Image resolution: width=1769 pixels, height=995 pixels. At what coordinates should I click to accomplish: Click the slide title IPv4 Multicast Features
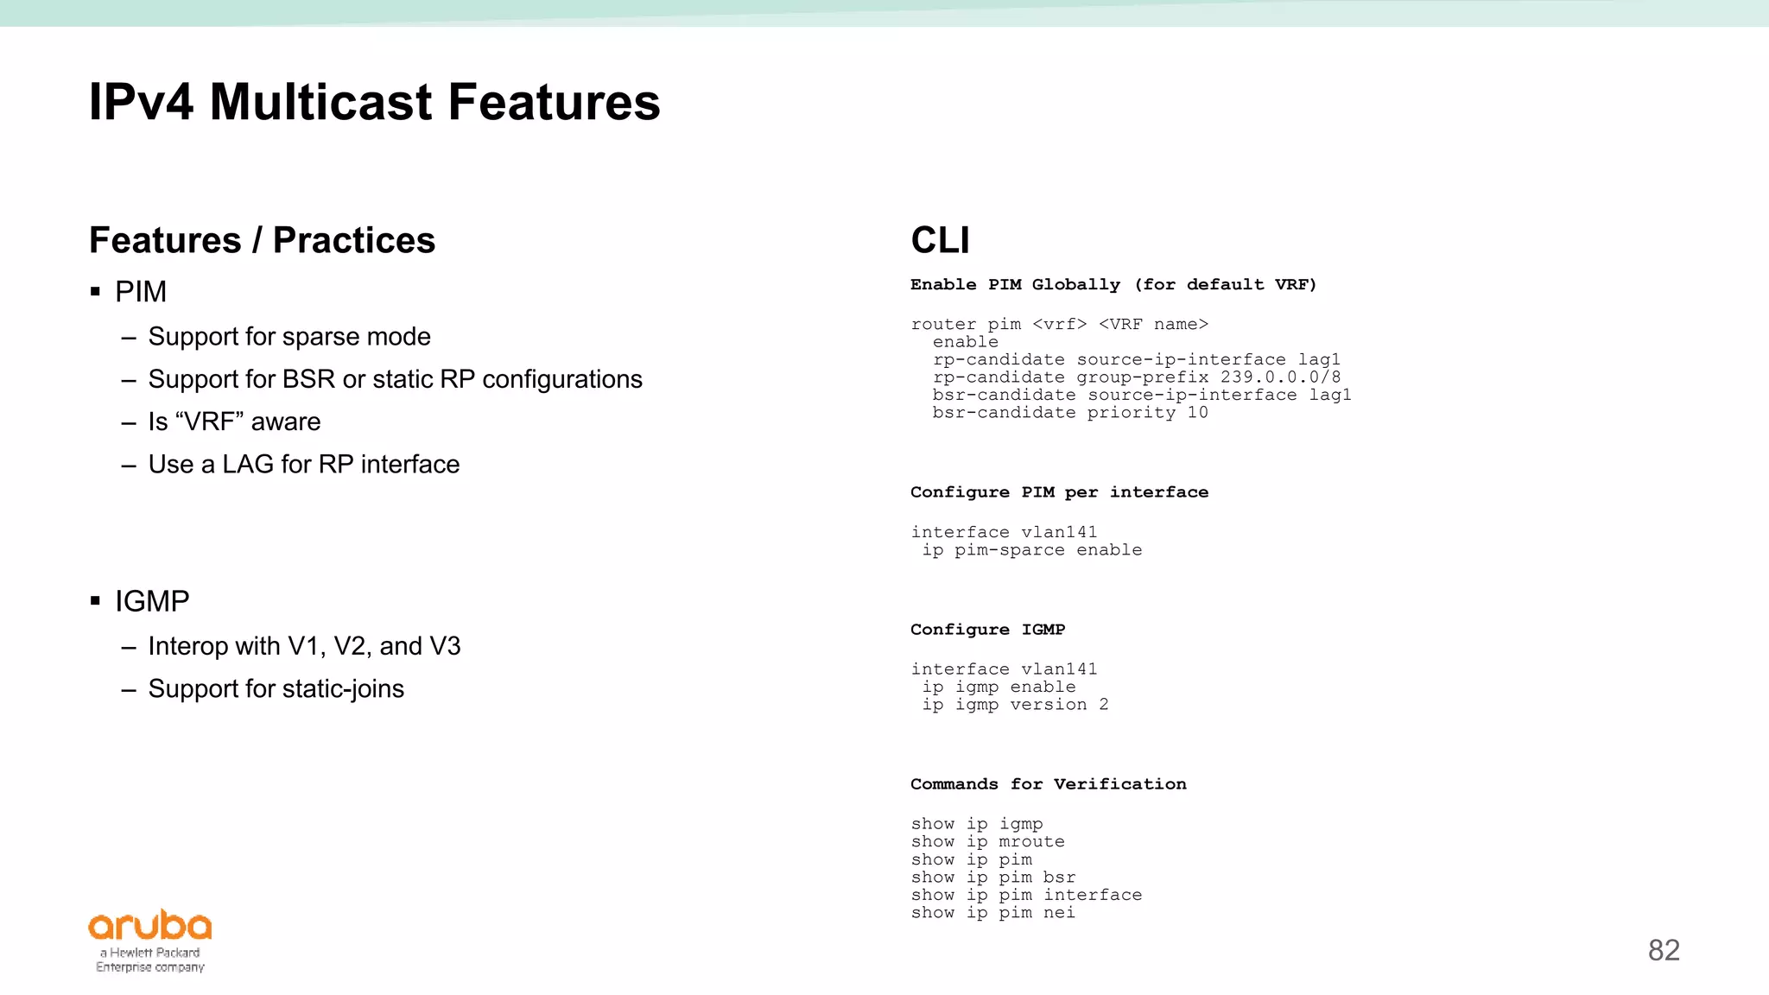pyautogui.click(x=374, y=102)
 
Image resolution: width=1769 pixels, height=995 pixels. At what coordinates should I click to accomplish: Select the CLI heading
pyautogui.click(x=940, y=240)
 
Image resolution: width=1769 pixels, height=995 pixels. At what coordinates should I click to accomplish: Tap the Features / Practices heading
pyautogui.click(x=262, y=240)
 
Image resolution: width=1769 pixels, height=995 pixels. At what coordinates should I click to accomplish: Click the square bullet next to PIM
pyautogui.click(x=96, y=292)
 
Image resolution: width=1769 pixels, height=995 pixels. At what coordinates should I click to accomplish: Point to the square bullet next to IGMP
pyautogui.click(x=96, y=601)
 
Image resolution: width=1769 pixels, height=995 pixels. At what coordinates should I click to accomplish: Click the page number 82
pyautogui.click(x=1663, y=950)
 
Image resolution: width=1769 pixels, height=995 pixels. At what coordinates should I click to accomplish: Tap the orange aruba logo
pyautogui.click(x=150, y=926)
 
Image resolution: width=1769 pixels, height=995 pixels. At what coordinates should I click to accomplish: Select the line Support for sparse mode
pyautogui.click(x=288, y=336)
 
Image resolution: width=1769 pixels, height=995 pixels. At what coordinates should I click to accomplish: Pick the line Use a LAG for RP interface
pyautogui.click(x=303, y=464)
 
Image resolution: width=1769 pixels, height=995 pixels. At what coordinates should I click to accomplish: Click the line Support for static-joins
pyautogui.click(x=276, y=688)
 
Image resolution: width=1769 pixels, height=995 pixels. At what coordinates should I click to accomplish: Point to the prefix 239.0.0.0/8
pyautogui.click(x=1280, y=377)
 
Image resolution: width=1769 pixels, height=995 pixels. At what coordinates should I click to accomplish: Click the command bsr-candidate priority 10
pyautogui.click(x=1069, y=413)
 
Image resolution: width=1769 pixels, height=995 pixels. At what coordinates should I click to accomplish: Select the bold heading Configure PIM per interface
pyautogui.click(x=1059, y=492)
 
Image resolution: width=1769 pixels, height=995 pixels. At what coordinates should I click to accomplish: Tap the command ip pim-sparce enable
pyautogui.click(x=1032, y=550)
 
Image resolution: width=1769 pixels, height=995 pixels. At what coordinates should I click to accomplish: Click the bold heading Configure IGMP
pyautogui.click(x=987, y=630)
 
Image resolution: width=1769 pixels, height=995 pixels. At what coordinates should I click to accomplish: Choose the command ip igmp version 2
pyautogui.click(x=1015, y=705)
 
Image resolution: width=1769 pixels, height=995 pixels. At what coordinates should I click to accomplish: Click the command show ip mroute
pyautogui.click(x=987, y=842)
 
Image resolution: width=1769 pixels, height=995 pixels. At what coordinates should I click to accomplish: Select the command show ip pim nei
pyautogui.click(x=992, y=913)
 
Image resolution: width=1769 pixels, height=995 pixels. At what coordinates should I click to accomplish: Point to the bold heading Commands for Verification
pyautogui.click(x=1048, y=784)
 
